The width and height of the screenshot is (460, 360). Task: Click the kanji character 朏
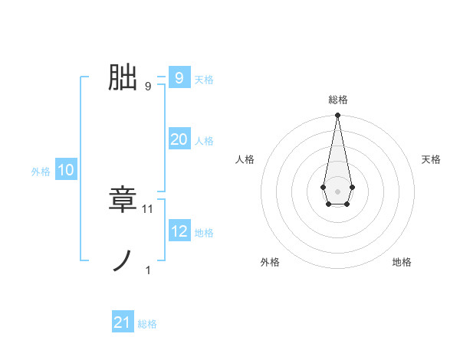pos(123,77)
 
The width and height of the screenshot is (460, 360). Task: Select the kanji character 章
pos(123,200)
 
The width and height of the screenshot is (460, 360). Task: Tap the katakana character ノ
pos(123,261)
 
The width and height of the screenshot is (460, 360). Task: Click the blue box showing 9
pos(179,77)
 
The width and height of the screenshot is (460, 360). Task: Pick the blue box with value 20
pos(179,139)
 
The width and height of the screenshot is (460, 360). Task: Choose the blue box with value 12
pos(179,231)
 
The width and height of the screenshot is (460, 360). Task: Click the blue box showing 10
pos(66,170)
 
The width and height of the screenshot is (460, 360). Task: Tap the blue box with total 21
pos(123,322)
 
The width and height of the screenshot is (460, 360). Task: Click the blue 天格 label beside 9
pos(204,79)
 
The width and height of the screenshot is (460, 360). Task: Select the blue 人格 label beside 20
pos(204,141)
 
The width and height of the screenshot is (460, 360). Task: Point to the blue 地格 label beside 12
pos(204,233)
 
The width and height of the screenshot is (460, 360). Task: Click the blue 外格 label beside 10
pos(41,172)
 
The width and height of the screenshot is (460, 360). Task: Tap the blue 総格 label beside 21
pos(147,324)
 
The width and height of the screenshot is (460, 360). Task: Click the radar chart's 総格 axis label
pos(337,100)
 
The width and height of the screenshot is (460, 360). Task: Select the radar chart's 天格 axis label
pos(431,159)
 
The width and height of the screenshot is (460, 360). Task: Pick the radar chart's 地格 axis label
pos(402,262)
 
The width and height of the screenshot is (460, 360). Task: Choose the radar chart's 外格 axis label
pos(270,262)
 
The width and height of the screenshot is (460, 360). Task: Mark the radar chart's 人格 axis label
pos(245,159)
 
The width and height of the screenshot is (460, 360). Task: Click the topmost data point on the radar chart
pos(337,116)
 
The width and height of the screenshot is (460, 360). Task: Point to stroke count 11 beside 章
pos(149,208)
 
